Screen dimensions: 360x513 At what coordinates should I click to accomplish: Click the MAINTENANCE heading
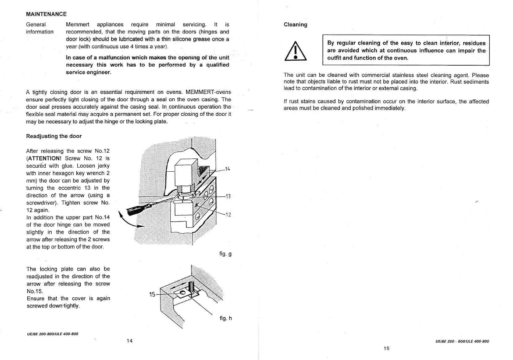coord(46,14)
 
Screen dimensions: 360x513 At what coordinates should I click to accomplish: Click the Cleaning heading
coord(295,24)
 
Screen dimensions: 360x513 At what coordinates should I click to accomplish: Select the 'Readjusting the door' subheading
coord(54,136)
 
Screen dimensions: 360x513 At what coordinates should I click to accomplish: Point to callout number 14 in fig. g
coord(228,169)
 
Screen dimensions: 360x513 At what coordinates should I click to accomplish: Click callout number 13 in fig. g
coord(228,196)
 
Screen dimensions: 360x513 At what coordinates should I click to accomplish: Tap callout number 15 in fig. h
coord(152,294)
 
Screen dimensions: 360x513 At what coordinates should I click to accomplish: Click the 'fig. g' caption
coord(225,254)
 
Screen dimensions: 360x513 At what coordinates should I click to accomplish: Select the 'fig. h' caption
coord(225,318)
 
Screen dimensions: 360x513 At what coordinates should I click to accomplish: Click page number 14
coord(130,341)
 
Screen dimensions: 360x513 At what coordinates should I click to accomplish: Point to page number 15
coord(386,348)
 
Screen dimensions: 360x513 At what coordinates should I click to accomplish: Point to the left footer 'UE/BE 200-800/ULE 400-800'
coord(52,334)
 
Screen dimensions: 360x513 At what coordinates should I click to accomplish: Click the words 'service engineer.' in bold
coord(88,72)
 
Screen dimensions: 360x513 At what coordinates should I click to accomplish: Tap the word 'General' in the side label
coord(36,24)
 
